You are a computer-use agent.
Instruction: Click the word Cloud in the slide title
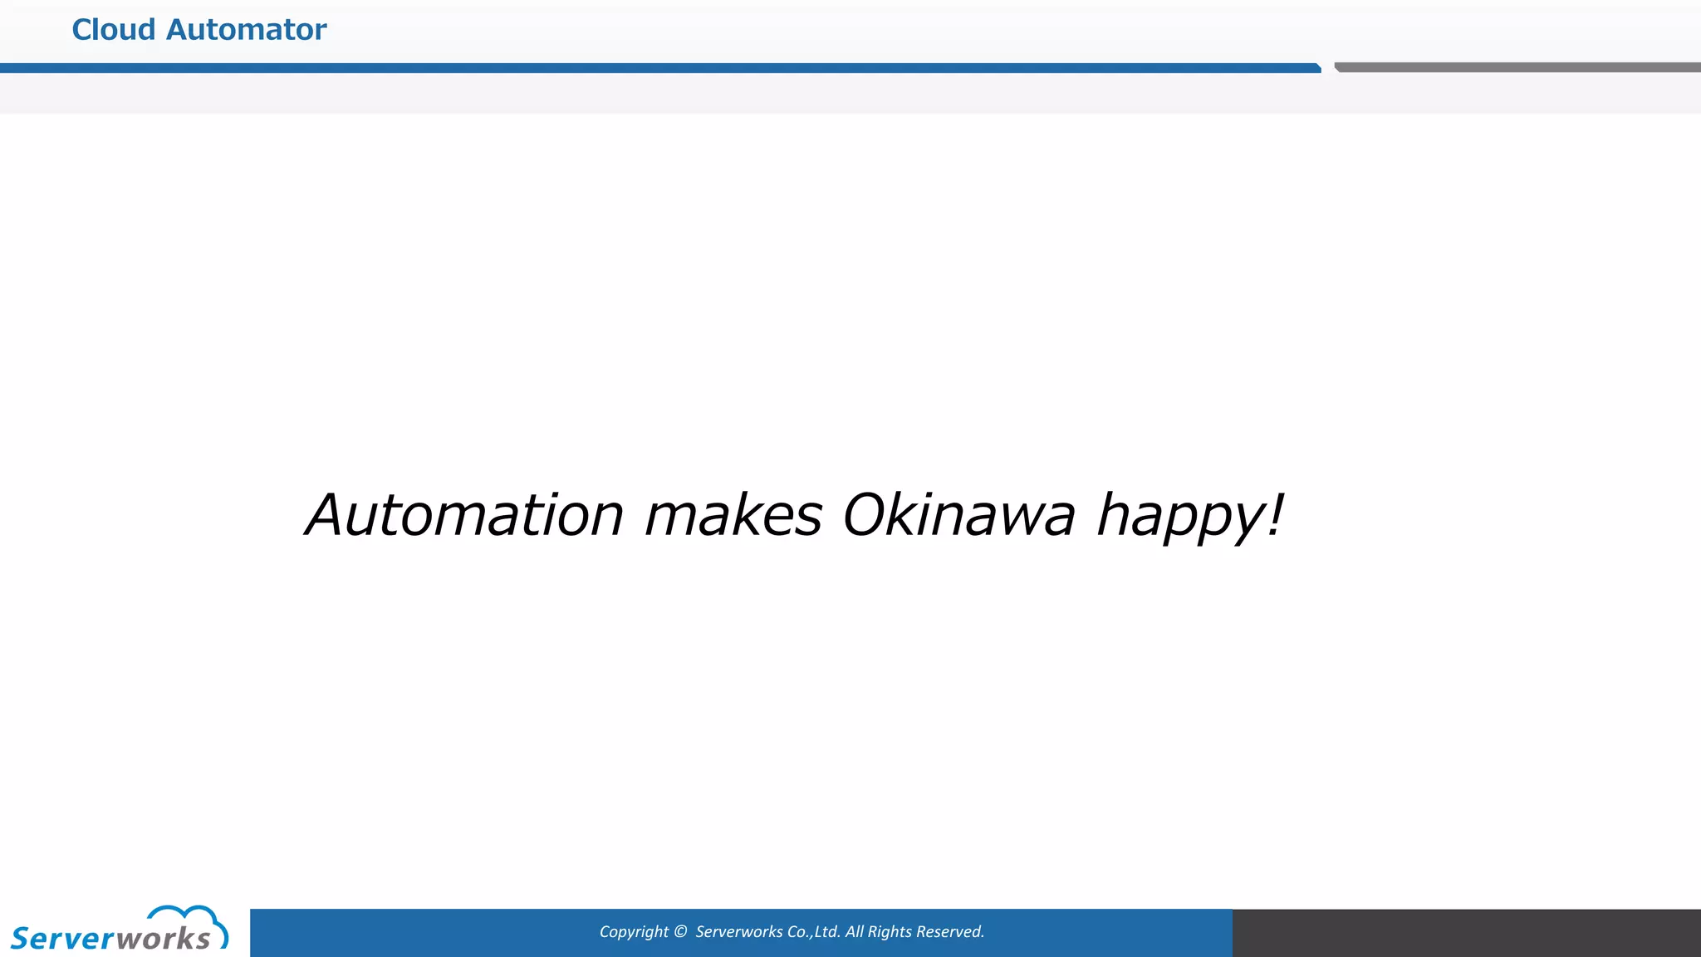[x=114, y=30]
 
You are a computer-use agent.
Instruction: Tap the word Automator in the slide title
[x=247, y=30]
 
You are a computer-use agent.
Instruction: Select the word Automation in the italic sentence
[x=465, y=515]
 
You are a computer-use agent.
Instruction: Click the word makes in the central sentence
[x=733, y=515]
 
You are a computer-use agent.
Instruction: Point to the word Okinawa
[x=959, y=515]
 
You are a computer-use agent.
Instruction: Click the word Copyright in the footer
[x=634, y=932]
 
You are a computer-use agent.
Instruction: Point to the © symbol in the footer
[x=680, y=932]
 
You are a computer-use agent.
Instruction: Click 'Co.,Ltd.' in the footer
[x=813, y=932]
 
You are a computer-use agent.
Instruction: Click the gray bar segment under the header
[x=1517, y=67]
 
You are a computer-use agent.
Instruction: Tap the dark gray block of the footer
[x=1467, y=933]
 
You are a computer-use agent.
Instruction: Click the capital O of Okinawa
[x=865, y=515]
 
